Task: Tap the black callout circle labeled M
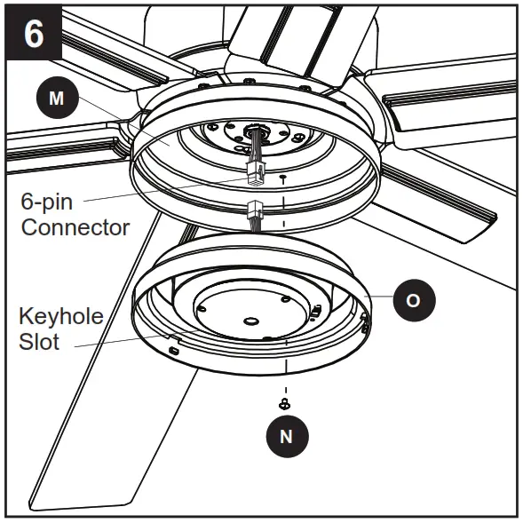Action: tap(57, 99)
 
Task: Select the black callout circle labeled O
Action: tap(411, 299)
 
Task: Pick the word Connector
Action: tap(75, 227)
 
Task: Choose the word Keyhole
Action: tap(61, 316)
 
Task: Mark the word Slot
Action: tap(39, 341)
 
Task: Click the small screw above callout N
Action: tap(285, 404)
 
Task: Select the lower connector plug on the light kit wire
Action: tap(253, 213)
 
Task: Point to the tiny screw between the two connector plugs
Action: tap(282, 178)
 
